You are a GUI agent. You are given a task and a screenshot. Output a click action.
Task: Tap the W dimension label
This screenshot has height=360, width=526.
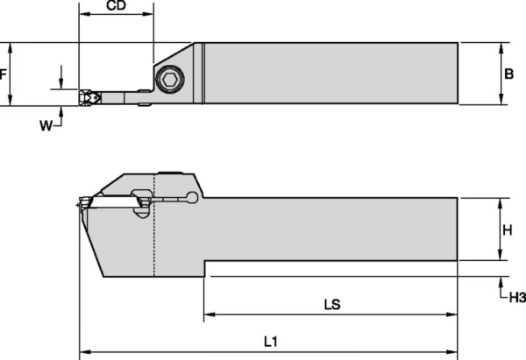[x=46, y=126]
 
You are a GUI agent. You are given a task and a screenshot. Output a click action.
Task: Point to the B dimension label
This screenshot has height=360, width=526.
[x=508, y=74]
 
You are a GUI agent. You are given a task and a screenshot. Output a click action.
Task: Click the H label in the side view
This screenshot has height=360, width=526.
[x=507, y=229]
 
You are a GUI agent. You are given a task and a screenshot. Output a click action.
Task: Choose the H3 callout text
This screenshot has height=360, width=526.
[x=516, y=299]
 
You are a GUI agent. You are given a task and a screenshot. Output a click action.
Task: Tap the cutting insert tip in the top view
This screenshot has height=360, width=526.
[x=86, y=98]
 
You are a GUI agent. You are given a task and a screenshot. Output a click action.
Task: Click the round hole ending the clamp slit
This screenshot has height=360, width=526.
[x=192, y=197]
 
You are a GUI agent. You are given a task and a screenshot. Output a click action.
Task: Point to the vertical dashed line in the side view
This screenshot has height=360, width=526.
[x=154, y=228]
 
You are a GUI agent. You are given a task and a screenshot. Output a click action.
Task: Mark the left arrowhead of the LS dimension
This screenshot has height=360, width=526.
[x=210, y=314]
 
